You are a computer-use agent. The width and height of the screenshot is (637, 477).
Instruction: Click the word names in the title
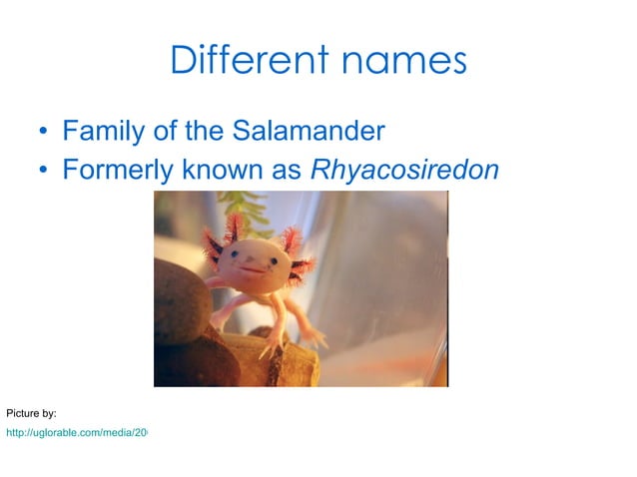(403, 60)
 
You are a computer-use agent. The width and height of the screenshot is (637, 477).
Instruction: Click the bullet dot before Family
(43, 132)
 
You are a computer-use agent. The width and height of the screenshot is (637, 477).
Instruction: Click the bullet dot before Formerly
(43, 171)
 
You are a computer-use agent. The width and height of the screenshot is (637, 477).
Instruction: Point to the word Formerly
(117, 171)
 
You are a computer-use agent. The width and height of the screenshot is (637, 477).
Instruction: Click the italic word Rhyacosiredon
(404, 171)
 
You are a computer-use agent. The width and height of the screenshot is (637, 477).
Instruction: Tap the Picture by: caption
(31, 412)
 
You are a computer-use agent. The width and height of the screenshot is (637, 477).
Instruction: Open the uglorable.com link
(76, 433)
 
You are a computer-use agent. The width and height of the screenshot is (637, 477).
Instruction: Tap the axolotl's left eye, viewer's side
(241, 256)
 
